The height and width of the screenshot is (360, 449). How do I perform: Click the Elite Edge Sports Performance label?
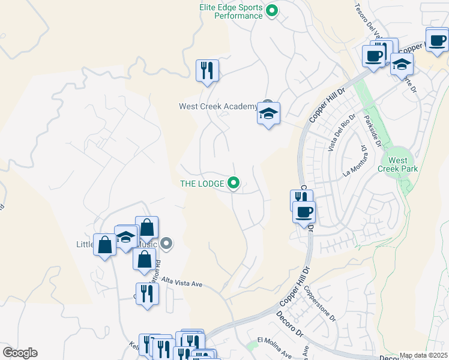pos(231,11)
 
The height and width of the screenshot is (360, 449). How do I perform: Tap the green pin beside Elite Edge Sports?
pos(272,10)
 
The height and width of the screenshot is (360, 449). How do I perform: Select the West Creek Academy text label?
pos(217,107)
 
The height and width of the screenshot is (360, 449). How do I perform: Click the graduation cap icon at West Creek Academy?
pos(268,113)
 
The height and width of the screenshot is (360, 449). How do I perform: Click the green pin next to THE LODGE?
pos(234,183)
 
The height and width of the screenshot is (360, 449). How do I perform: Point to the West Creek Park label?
pos(397,165)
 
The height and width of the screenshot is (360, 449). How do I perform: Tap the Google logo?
pos(20,352)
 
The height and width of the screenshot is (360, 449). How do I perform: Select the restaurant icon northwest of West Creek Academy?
pos(207,70)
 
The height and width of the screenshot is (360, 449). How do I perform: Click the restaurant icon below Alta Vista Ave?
pos(147,294)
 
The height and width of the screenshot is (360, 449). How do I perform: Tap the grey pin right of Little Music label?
pos(167,243)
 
